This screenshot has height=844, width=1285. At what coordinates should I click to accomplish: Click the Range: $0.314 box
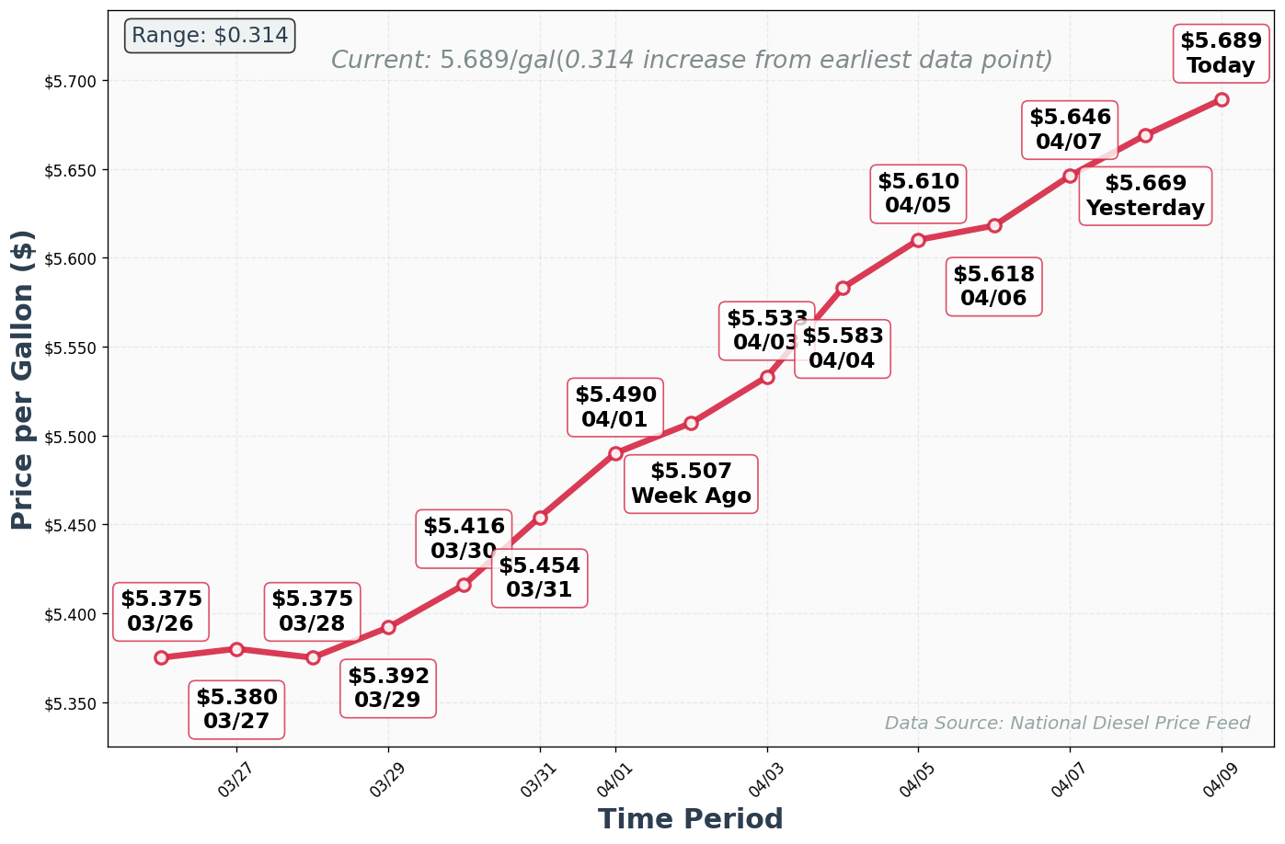coord(210,36)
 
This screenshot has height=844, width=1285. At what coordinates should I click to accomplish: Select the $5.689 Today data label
coord(1221,53)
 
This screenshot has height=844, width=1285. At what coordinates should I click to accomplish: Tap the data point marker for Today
coord(1222,99)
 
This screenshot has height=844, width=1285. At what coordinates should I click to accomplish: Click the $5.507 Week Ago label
coord(691,485)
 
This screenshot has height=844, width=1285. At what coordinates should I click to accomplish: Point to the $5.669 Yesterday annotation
coord(1145,196)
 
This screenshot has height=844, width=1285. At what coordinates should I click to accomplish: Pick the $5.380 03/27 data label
coord(236,710)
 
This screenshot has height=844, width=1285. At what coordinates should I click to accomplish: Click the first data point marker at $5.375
coord(161,657)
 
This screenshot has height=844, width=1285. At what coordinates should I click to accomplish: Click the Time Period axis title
coord(690,819)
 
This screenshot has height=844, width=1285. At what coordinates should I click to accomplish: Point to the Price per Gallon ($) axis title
coord(23,379)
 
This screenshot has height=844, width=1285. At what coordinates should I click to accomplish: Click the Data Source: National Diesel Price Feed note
coord(1067,724)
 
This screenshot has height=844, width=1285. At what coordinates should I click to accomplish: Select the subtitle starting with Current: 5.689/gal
coord(691,61)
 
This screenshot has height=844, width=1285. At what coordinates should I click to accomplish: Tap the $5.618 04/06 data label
coord(993,287)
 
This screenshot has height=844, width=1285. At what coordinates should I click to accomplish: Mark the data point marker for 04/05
coord(918,240)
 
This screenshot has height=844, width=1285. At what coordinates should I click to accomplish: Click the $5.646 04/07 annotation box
coord(1070,130)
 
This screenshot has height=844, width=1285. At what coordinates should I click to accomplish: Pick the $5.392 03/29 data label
coord(388,689)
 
